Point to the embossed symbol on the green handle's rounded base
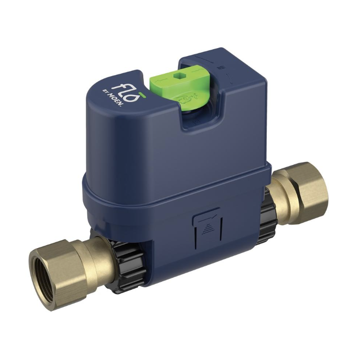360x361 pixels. [x=186, y=99]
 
